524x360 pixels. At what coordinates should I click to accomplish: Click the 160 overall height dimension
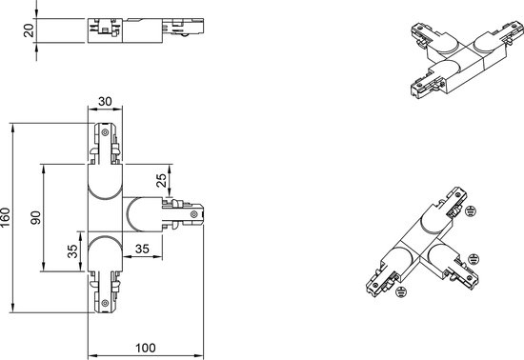pos(6,217)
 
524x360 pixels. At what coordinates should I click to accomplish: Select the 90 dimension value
pos(36,218)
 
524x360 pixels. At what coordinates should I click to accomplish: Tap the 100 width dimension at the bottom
pos(146,348)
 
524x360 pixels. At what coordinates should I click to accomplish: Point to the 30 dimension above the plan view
pos(105,101)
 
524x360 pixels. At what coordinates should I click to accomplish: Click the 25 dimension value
pos(161,181)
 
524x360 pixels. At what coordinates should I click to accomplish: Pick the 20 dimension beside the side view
pos(30,30)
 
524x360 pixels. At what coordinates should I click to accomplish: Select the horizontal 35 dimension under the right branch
pos(142,249)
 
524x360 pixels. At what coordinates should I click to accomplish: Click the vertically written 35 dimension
pos(72,251)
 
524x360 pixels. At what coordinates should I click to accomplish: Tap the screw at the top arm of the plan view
pos(105,132)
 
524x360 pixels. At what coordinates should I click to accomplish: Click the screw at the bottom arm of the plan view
pos(105,303)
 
